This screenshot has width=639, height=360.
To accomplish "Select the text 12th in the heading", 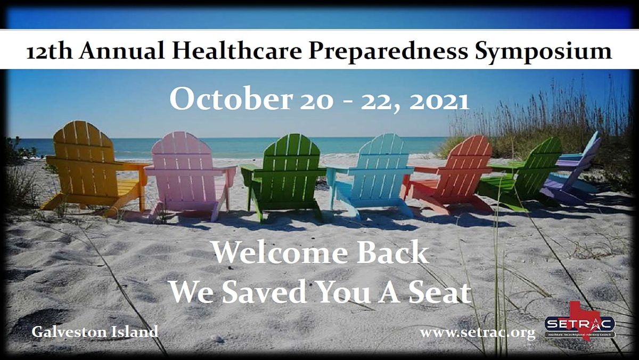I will [x=47, y=51].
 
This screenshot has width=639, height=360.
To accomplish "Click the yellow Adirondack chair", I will [x=91, y=165].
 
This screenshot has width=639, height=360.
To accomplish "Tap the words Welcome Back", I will [x=320, y=252].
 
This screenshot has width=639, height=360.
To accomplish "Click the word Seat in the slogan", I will [x=439, y=292].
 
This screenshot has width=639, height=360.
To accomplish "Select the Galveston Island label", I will [x=95, y=331].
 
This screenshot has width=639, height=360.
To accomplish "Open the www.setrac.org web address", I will [x=477, y=333].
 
